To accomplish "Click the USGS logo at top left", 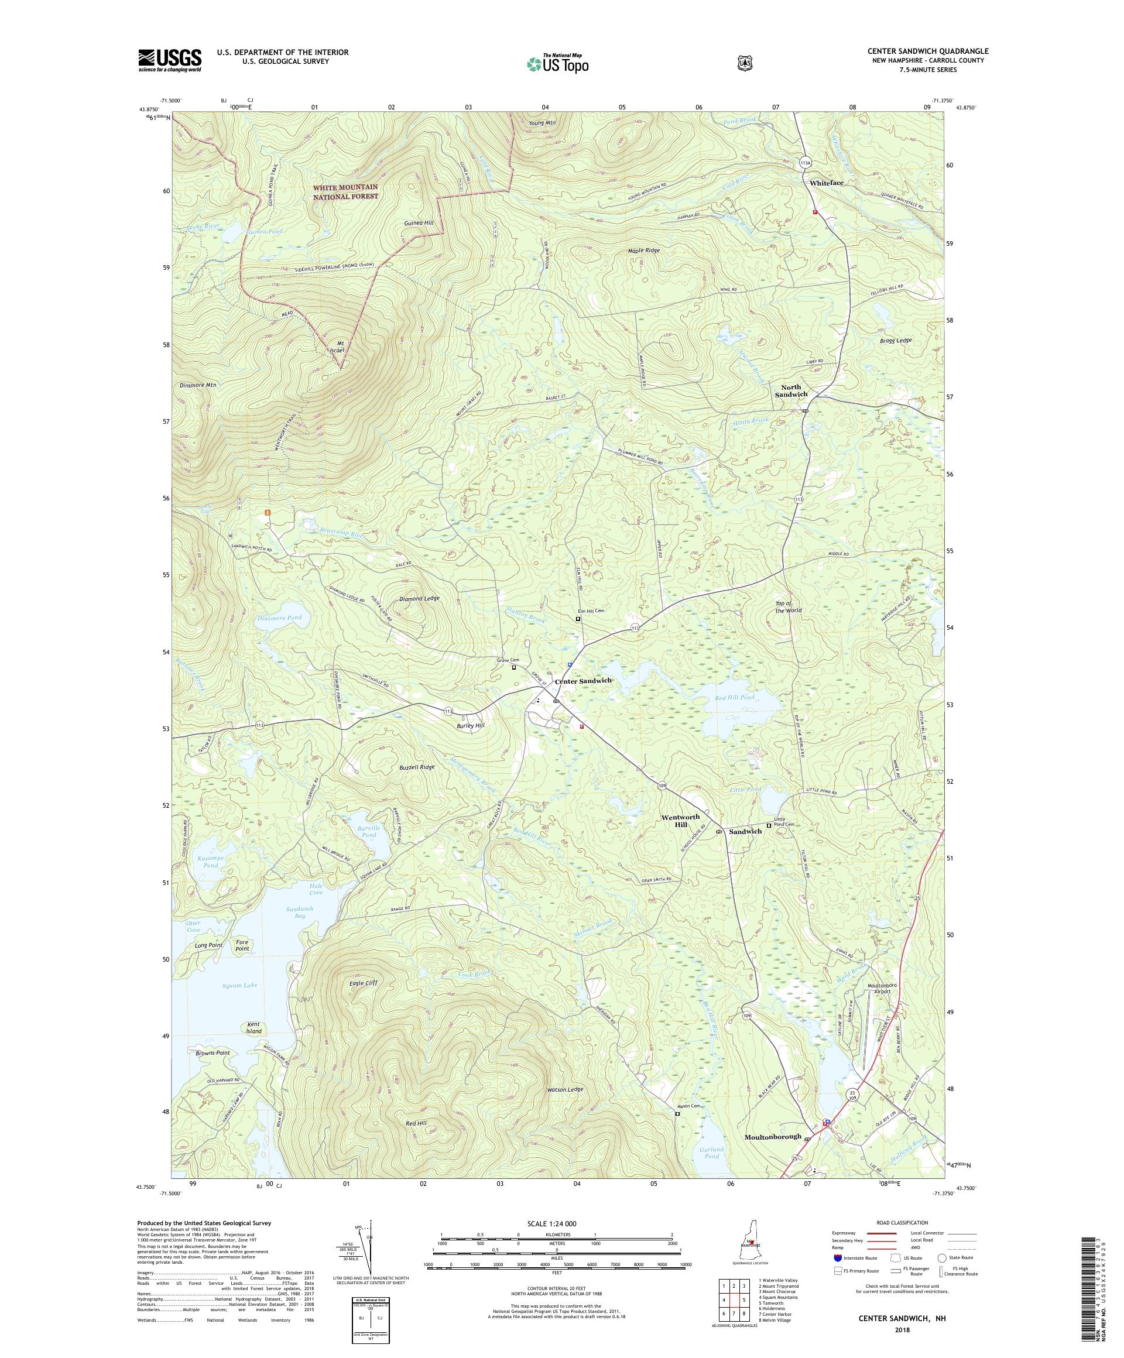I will pos(169,61).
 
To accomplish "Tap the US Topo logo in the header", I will pos(557,63).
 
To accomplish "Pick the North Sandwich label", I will pos(791,390).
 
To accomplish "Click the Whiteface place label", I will pos(827,183).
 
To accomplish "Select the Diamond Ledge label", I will pos(419,598).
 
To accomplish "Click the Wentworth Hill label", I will pos(680,821).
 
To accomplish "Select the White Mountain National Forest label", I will pos(345,191).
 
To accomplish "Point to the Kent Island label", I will pos(253,1045).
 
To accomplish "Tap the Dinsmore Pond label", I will pos(279,618).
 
